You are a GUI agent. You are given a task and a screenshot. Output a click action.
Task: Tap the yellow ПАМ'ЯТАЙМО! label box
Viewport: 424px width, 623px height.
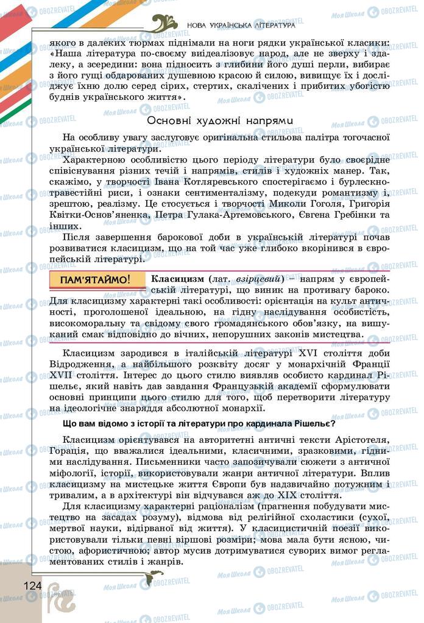pyautogui.click(x=97, y=280)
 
